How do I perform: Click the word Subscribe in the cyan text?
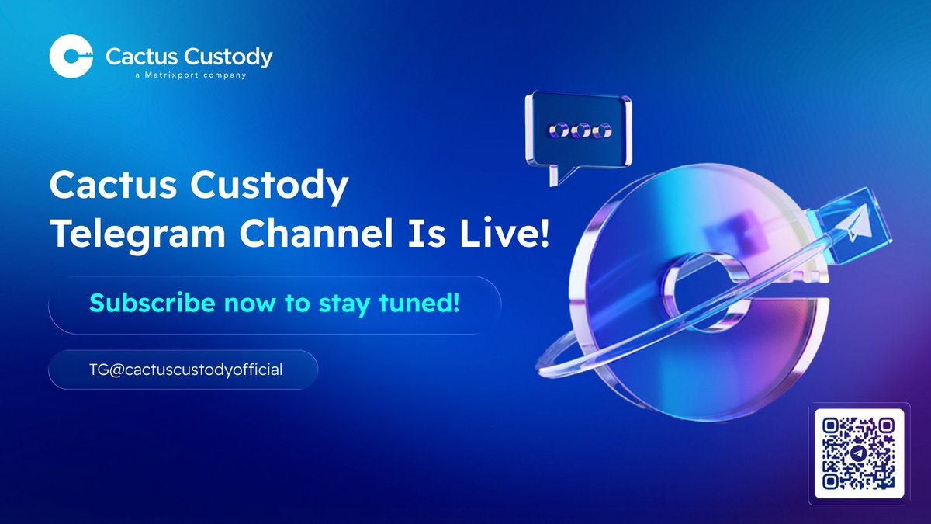pos(151,303)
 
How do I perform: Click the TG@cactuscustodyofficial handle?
pos(184,370)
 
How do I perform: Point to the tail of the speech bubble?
pos(556,176)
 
